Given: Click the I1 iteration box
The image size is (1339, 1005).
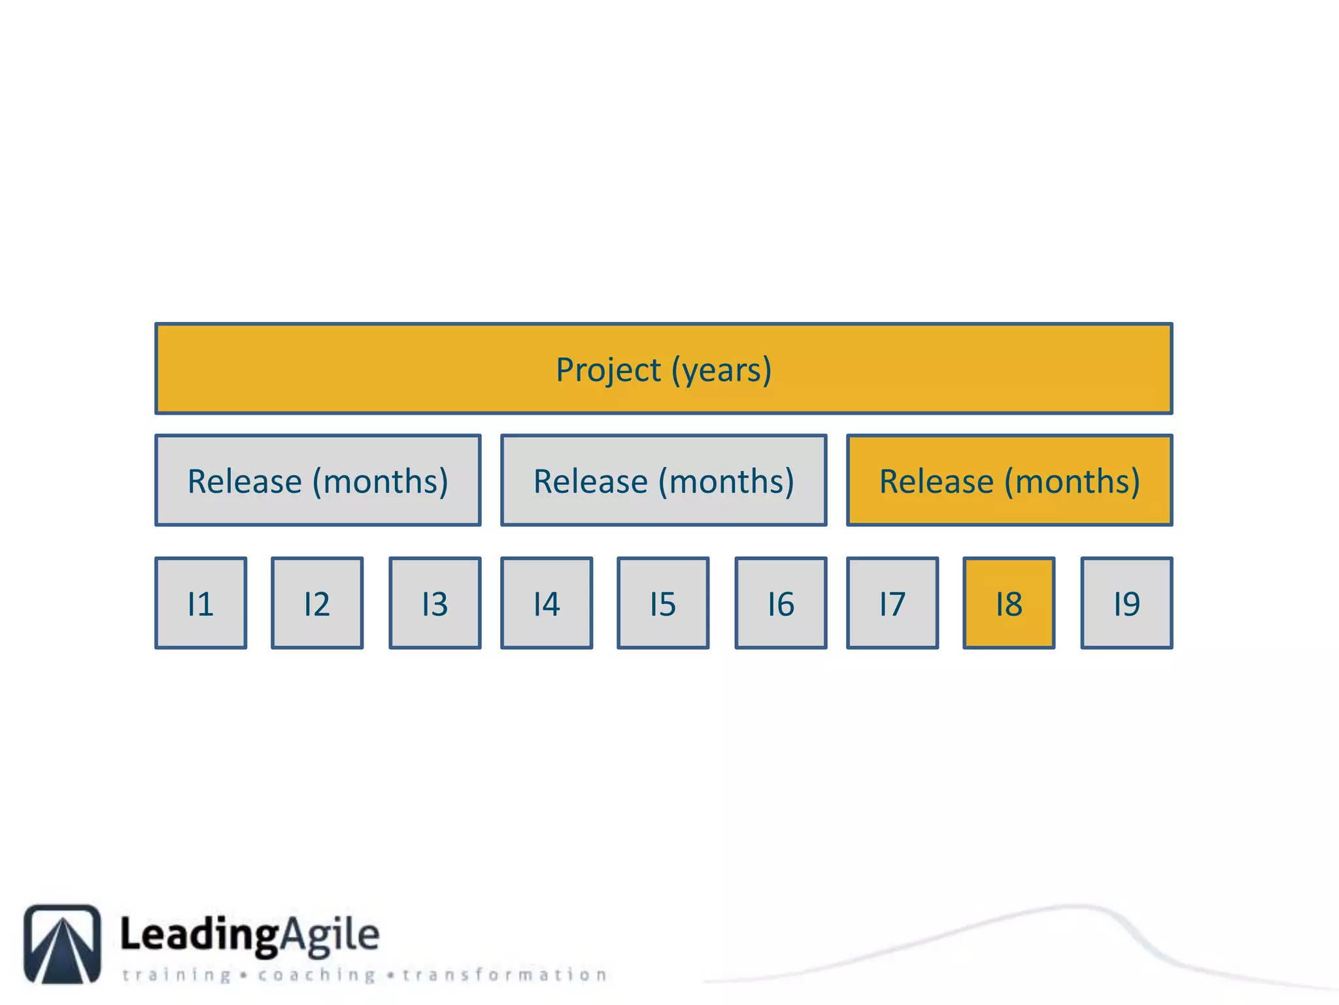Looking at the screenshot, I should [x=201, y=603].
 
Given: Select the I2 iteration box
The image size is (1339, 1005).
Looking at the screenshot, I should [x=317, y=603].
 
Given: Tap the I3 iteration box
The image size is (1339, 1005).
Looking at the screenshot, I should [x=435, y=603].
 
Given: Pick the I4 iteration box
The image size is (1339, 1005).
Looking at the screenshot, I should [x=547, y=603].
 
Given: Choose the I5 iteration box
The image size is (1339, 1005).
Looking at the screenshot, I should [x=663, y=603].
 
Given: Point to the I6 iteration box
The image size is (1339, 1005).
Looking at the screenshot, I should [x=781, y=603].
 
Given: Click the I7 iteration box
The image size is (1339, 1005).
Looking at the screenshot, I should [x=892, y=603].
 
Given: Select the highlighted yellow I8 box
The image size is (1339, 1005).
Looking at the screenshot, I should [x=1009, y=603].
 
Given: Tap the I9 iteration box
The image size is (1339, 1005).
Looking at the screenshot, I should [x=1127, y=603].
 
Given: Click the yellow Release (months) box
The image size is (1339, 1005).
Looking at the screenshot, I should [x=1009, y=480].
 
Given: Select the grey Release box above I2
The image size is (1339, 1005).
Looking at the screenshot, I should [x=318, y=480].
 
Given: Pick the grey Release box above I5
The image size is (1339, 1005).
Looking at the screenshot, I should [x=664, y=480].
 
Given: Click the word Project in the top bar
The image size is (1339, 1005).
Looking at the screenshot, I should [x=608, y=370].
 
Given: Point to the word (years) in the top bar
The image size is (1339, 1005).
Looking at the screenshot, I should [x=722, y=370].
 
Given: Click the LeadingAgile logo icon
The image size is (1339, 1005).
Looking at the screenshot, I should [x=63, y=943].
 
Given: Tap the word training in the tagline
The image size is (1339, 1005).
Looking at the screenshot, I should [x=177, y=975].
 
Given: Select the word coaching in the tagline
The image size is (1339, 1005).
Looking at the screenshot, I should [x=316, y=975].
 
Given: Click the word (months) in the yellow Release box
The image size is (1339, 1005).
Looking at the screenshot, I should [x=1072, y=482].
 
